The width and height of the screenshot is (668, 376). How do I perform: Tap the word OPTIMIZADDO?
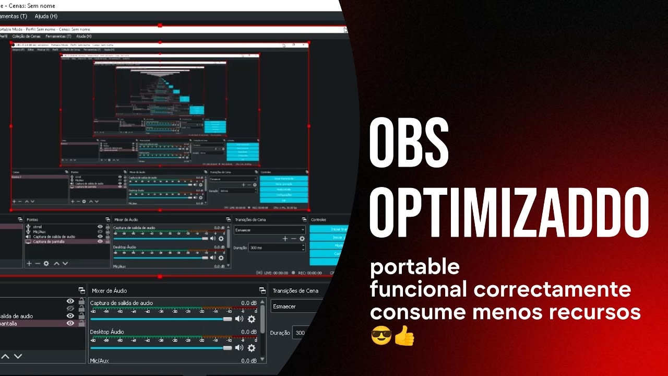[509, 213]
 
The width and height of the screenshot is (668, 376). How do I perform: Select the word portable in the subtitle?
[415, 267]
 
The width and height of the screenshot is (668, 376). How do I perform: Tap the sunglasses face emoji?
[381, 336]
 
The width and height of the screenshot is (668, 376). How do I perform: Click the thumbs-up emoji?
[404, 336]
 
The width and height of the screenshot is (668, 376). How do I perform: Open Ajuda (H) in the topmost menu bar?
[45, 16]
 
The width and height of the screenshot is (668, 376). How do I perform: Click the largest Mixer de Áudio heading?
[109, 290]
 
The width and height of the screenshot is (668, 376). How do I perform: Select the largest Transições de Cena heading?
[295, 290]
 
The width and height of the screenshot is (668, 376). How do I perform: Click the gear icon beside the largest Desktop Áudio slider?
[252, 348]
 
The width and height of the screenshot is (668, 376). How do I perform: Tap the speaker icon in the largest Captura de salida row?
[239, 319]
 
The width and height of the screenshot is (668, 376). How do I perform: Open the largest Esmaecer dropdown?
[292, 307]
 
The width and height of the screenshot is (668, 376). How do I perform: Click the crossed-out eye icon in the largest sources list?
[70, 309]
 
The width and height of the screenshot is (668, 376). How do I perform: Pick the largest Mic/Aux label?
[99, 360]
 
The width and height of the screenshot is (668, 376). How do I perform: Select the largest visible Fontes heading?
[32, 219]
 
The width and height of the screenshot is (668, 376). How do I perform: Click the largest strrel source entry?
[38, 227]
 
